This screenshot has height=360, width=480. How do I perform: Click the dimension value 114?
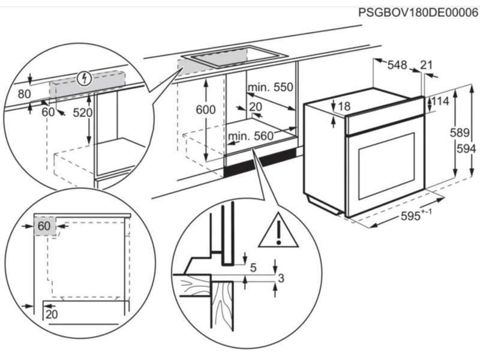[x=441, y=102]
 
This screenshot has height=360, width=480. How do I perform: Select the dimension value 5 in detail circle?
[x=253, y=268]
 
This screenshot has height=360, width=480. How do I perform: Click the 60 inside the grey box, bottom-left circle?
[x=43, y=226]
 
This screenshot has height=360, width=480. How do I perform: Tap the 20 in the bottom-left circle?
[x=50, y=313]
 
